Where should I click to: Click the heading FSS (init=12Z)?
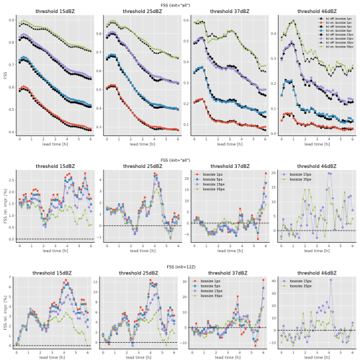pyautogui.click(x=179, y=266)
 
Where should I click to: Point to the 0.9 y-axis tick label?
pyautogui.click(x=10, y=20)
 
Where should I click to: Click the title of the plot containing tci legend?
pyautogui.click(x=315, y=12)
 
